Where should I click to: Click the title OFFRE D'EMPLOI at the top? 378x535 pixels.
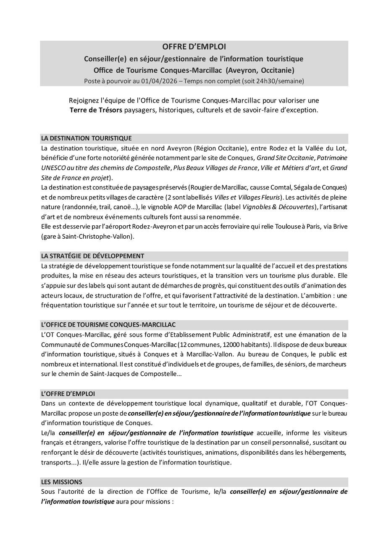[x=194, y=47]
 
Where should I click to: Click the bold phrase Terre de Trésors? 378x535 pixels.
[x=96, y=111]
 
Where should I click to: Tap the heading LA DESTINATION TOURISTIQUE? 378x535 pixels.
[x=86, y=138]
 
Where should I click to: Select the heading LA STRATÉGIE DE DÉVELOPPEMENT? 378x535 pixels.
[x=92, y=256]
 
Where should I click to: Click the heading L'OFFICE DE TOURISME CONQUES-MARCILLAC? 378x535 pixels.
[x=108, y=324]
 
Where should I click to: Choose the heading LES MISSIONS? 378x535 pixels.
[x=61, y=482]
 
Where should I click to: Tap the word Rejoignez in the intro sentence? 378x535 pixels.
[x=84, y=100]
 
